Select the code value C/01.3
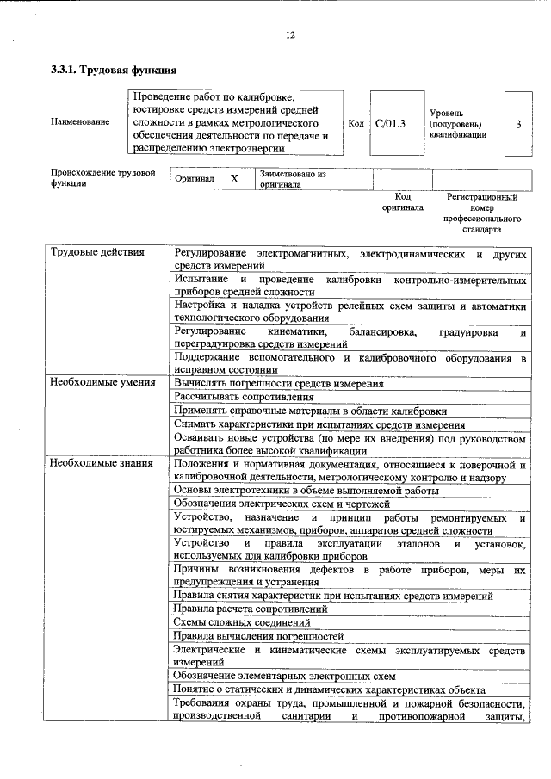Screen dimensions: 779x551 pos(390,123)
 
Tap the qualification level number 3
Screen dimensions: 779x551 pos(517,124)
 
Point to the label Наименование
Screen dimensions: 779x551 pos(81,122)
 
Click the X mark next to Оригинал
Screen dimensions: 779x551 pos(233,178)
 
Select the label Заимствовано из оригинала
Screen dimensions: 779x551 pos(293,178)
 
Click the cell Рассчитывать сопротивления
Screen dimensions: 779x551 pos(244,397)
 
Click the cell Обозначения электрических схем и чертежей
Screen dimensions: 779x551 pos(282,504)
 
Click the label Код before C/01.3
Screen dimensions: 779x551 pos(356,123)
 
